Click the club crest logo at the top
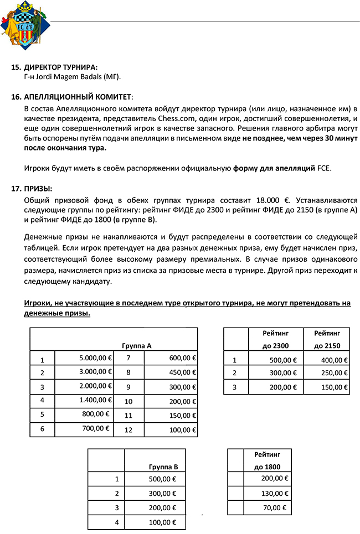point(20,25)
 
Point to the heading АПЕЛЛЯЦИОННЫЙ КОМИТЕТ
point(77,96)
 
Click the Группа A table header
point(137,345)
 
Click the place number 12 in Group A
point(128,430)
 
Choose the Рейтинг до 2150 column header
point(327,339)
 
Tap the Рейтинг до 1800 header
point(267,460)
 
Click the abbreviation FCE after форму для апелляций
point(323,168)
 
